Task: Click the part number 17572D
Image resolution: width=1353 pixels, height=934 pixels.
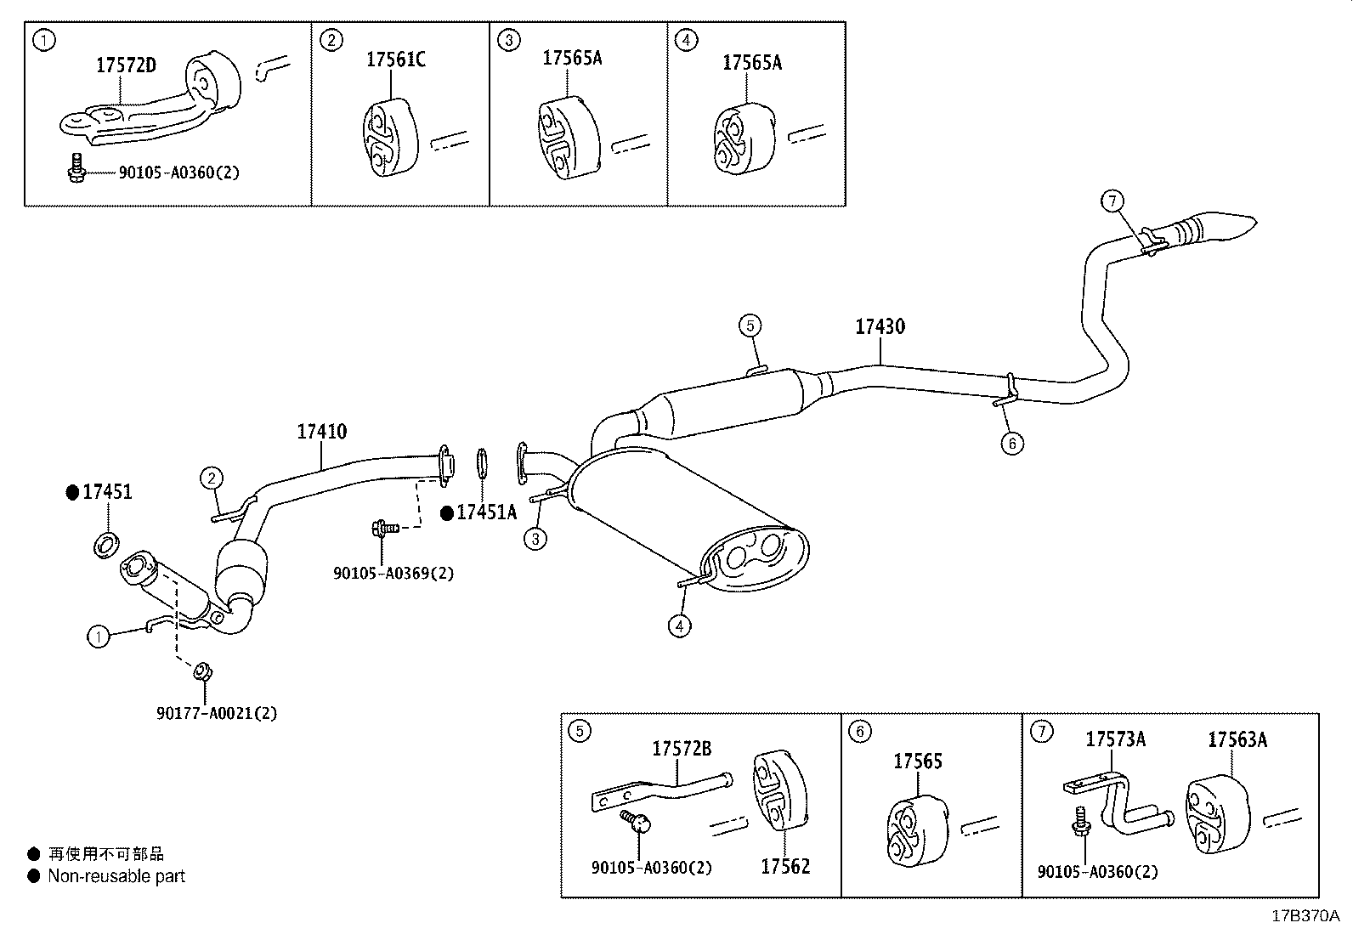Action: coord(126,65)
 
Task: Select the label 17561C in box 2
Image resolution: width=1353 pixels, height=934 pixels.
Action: coord(396,59)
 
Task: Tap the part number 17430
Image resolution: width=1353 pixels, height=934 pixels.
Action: coord(880,327)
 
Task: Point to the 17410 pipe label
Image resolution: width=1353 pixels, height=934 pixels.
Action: coord(322,432)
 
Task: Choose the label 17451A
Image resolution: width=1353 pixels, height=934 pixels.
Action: coord(486,512)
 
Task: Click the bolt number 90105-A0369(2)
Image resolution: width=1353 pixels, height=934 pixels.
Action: coord(393,574)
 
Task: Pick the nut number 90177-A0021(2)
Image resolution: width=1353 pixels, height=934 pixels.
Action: coord(217,713)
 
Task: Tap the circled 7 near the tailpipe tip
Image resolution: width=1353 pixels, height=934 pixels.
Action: coord(1112,201)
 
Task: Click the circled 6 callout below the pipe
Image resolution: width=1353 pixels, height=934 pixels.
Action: coord(1011,443)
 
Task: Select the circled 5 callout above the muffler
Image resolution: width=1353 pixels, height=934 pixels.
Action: coord(749,325)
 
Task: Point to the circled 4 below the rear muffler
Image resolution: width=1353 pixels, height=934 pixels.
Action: coord(679,626)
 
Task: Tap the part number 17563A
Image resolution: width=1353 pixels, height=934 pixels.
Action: coord(1237,740)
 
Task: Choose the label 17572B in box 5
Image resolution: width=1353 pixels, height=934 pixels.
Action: coord(682,749)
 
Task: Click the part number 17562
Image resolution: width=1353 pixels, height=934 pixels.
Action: coord(785,867)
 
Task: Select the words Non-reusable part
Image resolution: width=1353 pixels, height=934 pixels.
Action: coord(116,876)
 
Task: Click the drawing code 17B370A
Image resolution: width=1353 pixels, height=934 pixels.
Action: coord(1305,916)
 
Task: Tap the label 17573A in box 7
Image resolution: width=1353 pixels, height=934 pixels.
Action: coord(1115,740)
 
